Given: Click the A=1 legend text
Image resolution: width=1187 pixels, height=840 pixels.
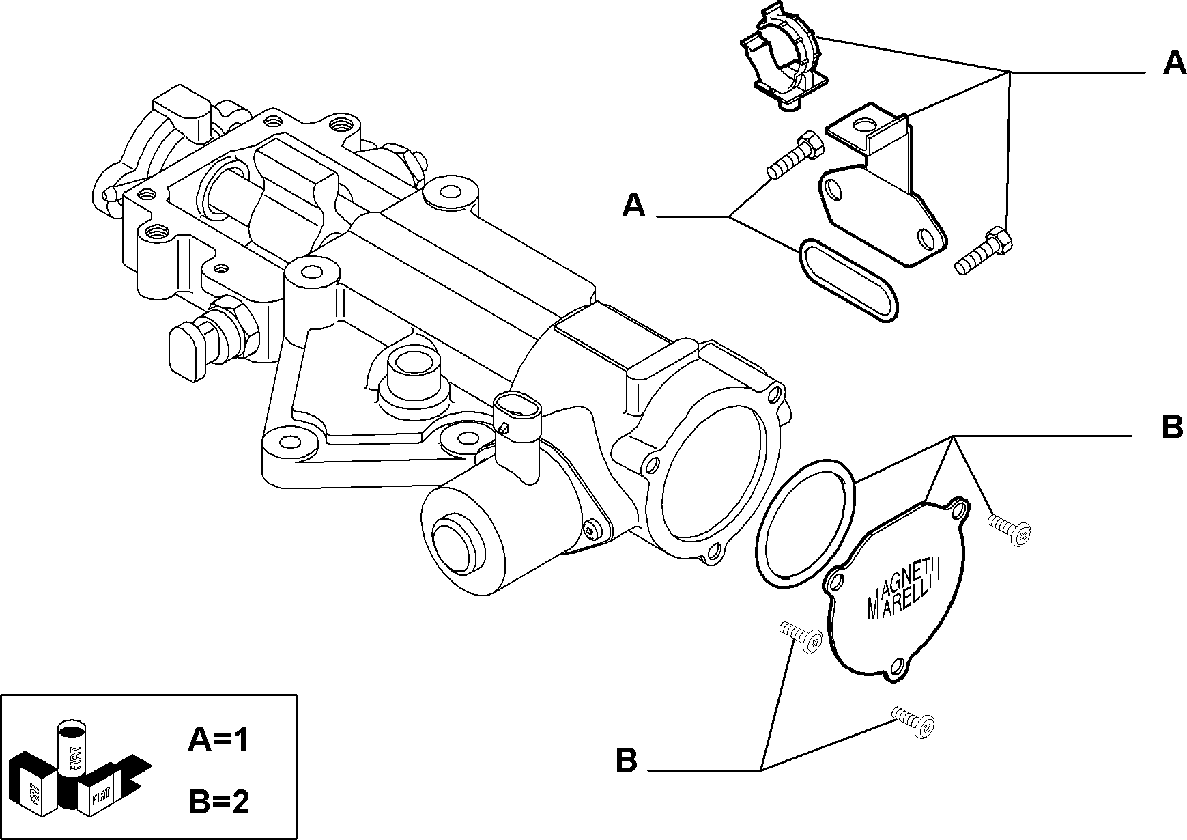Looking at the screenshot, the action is pos(218,740).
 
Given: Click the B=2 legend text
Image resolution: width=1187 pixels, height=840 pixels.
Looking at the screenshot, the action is pos(218,802).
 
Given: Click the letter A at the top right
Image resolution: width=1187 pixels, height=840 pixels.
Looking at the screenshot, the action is pos(1173,63).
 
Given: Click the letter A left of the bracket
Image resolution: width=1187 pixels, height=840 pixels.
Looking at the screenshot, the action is pos(633,205).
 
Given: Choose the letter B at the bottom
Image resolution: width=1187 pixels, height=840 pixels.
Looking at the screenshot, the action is pos(626,760).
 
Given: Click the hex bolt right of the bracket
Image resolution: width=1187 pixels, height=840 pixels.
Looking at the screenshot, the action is pos(983,251).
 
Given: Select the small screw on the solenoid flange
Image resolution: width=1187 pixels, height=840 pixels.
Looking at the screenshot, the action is pos(592,528).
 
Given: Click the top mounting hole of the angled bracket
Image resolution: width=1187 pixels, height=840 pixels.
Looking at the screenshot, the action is pos(865,126).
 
